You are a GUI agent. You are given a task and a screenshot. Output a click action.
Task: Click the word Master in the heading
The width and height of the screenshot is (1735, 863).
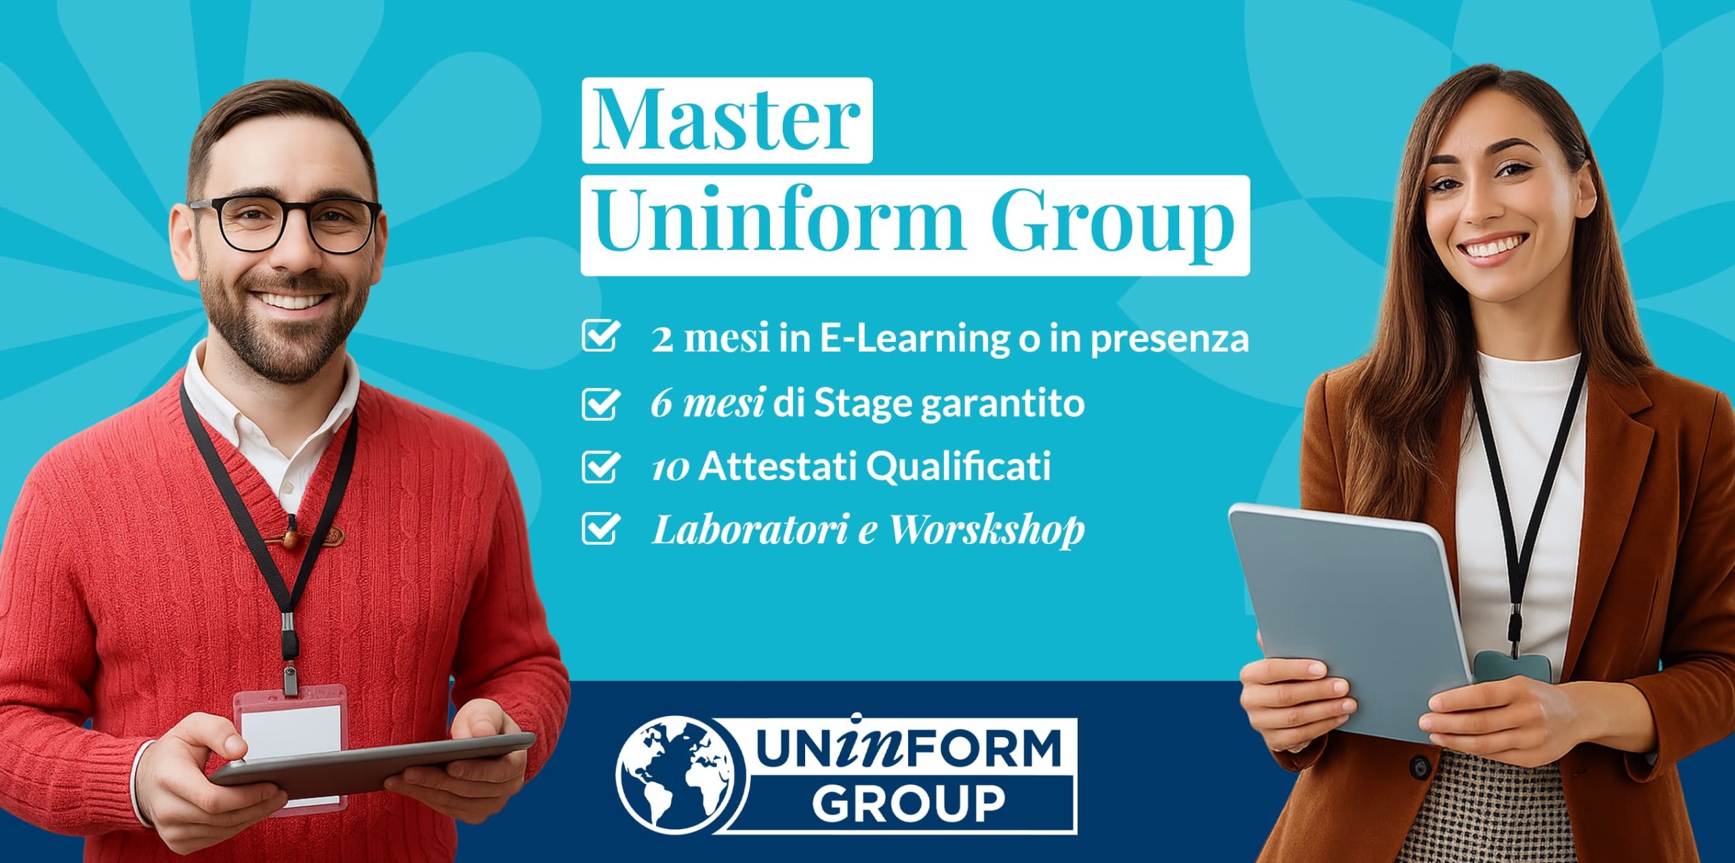727,120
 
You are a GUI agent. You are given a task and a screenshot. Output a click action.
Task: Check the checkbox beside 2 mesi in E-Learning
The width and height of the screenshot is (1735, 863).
600,336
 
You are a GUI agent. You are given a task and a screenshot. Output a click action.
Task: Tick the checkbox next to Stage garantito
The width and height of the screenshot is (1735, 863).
600,403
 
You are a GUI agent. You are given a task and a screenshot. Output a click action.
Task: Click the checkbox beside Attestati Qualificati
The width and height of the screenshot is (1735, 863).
600,466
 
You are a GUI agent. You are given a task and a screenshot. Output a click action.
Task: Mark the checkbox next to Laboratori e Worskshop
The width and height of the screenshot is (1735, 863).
600,528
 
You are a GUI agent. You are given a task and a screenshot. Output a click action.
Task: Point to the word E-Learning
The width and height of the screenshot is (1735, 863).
915,339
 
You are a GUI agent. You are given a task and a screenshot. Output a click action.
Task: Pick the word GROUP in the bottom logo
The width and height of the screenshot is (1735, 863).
908,803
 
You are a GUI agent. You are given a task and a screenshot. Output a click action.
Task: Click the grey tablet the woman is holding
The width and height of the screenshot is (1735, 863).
1349,620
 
